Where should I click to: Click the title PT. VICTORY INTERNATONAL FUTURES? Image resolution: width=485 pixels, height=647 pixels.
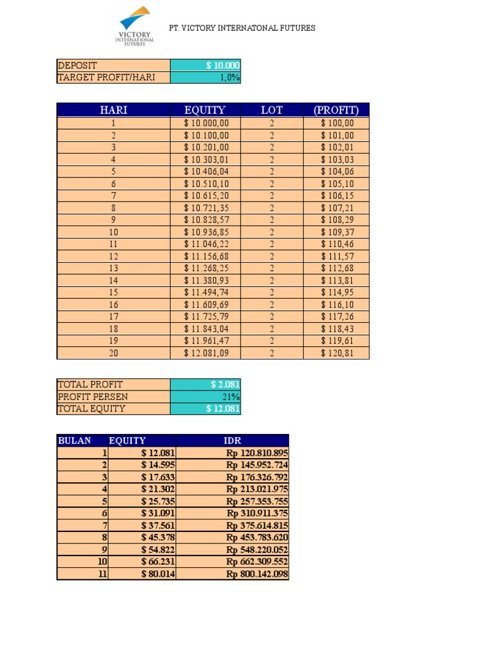pos(242,28)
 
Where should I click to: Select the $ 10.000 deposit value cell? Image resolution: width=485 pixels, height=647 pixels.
pos(205,65)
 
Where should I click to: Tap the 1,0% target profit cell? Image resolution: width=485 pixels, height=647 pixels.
pos(205,77)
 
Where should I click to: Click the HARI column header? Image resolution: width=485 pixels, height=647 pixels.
pos(114,110)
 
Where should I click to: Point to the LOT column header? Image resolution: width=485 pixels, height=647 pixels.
pos(272,110)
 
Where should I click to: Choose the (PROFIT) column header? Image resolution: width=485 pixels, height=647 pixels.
pos(336,110)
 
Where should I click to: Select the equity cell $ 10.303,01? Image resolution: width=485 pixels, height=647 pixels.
pos(206,159)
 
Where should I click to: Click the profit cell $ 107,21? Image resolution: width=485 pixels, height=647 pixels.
pos(337,207)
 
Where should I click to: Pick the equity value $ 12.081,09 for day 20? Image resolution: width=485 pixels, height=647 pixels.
pos(206,353)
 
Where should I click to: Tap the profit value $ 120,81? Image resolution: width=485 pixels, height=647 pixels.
pos(337,353)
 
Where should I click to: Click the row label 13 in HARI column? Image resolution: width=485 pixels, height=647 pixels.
pos(114,269)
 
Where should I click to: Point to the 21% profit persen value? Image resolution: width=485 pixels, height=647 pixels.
pos(205,396)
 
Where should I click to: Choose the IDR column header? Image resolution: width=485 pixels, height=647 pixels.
pos(233,440)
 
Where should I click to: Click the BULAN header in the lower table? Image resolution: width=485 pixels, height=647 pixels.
pos(75,440)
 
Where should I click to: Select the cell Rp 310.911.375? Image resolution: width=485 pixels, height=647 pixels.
pos(233,513)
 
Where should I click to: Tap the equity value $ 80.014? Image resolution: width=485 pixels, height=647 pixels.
pos(143,574)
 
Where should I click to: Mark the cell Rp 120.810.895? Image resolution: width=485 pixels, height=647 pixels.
pos(233,453)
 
